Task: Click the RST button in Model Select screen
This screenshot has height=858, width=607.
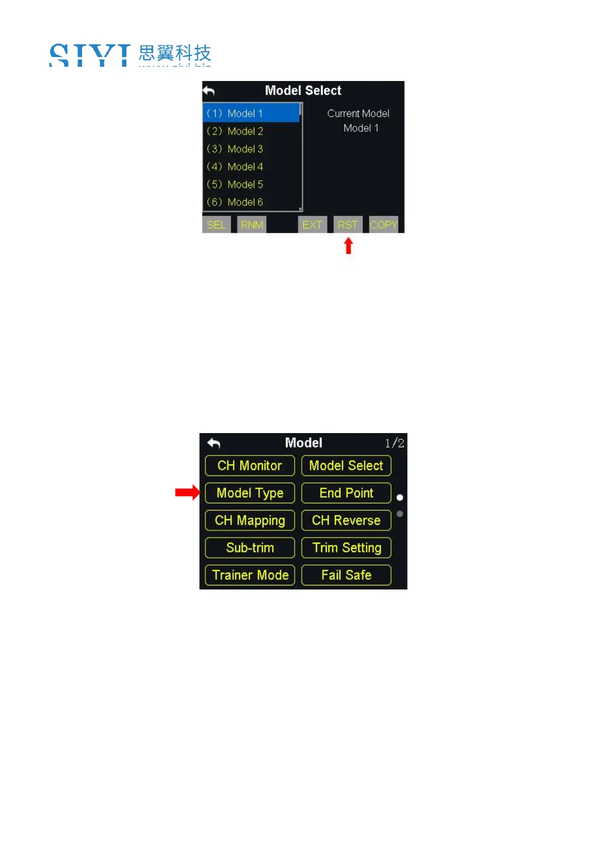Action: [x=348, y=225]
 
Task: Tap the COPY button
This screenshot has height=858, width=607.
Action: [x=383, y=225]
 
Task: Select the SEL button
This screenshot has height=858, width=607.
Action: [x=216, y=225]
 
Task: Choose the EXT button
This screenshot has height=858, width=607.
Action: [x=312, y=225]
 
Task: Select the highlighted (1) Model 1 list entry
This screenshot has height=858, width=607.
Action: [x=251, y=113]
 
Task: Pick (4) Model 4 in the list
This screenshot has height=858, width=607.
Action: [x=235, y=167]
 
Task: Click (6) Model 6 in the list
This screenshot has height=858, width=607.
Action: [x=235, y=202]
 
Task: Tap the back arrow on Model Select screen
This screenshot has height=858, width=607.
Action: [x=209, y=91]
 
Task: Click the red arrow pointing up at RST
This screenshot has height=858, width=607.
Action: [x=349, y=246]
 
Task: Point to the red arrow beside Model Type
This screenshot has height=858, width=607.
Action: [x=187, y=492]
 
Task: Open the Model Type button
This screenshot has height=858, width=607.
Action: [x=250, y=493]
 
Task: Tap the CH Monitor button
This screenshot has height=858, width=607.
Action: [x=250, y=466]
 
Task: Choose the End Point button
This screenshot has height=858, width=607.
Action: [x=346, y=493]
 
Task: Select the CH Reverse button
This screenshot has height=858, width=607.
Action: [x=346, y=520]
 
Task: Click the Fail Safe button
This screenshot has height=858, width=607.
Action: [x=346, y=575]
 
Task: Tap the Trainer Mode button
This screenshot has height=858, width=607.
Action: [x=250, y=575]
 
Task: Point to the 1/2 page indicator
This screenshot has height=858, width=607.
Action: [x=394, y=443]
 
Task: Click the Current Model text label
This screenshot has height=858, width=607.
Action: [x=358, y=114]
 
